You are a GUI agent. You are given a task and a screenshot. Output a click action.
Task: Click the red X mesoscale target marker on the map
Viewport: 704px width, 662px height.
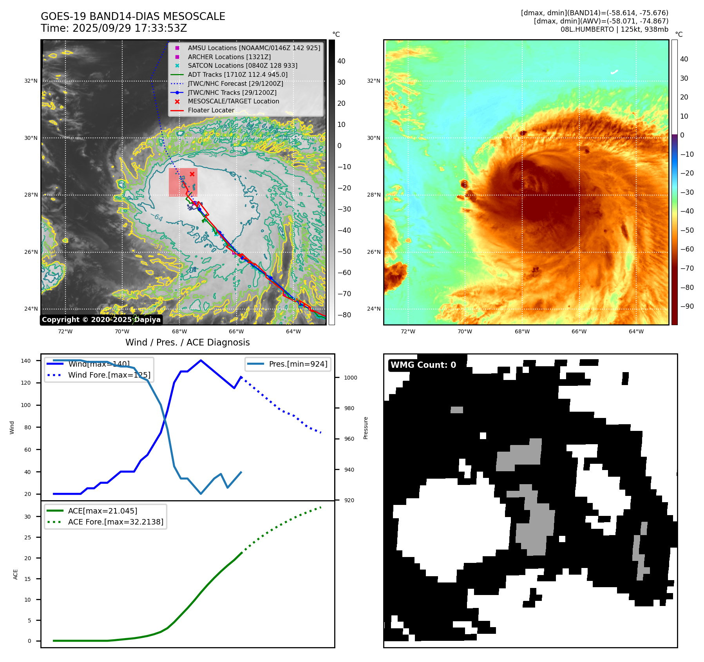pyautogui.click(x=192, y=174)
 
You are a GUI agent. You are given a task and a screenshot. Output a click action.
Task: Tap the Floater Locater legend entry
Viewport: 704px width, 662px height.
pyautogui.click(x=211, y=110)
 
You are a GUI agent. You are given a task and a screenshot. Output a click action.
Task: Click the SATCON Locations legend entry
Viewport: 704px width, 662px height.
pyautogui.click(x=242, y=65)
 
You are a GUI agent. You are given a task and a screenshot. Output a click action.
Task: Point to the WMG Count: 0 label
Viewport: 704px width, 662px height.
pyautogui.click(x=423, y=365)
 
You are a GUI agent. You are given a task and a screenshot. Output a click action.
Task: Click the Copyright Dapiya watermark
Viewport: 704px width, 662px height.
pyautogui.click(x=101, y=319)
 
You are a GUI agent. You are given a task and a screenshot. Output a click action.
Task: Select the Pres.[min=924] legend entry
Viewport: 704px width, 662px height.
pyautogui.click(x=298, y=364)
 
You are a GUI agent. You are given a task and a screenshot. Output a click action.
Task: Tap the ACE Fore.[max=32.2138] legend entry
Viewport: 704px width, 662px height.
pyautogui.click(x=116, y=522)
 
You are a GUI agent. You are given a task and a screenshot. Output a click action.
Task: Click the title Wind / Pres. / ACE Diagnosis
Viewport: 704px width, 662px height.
pyautogui.click(x=187, y=342)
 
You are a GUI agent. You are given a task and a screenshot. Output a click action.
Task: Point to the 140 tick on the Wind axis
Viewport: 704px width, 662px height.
pyautogui.click(x=26, y=361)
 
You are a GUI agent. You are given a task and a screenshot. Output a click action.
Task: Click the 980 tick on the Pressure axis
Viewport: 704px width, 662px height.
pyautogui.click(x=349, y=408)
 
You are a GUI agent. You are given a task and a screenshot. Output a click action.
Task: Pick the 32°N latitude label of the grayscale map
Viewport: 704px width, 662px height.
pyautogui.click(x=31, y=81)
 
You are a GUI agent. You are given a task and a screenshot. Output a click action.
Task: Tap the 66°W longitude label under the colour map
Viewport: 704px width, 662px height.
pyautogui.click(x=579, y=331)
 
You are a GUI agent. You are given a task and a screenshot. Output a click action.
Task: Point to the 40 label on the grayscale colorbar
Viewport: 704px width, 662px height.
pyautogui.click(x=341, y=61)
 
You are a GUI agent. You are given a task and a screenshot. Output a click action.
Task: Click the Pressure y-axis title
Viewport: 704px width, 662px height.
pyautogui.click(x=366, y=428)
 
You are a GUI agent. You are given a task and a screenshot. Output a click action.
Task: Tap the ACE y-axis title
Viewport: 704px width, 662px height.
pyautogui.click(x=16, y=574)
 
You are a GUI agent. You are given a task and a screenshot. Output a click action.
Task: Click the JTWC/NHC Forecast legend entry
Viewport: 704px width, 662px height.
pyautogui.click(x=235, y=83)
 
